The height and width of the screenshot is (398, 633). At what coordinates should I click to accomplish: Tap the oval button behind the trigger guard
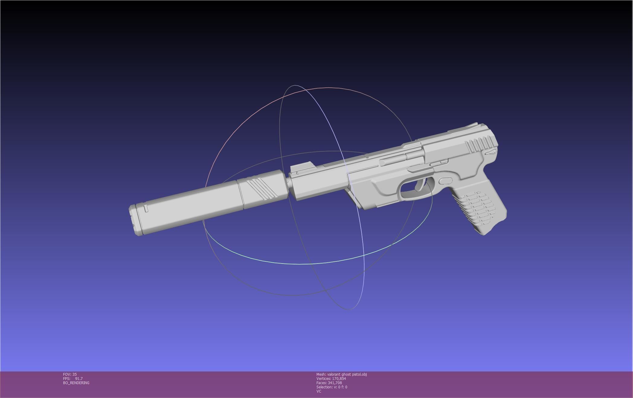tap(445, 181)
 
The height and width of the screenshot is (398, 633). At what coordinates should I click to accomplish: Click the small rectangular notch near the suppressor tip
tap(146, 208)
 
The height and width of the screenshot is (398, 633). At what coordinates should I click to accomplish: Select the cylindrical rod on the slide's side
tap(393, 159)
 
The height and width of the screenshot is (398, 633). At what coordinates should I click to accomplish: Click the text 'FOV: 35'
tap(70, 374)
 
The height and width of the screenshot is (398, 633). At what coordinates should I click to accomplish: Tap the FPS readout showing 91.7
tap(73, 379)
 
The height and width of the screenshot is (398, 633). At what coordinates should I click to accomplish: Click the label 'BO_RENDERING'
tap(76, 383)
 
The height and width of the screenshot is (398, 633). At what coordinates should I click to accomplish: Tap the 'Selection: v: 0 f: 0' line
tap(332, 387)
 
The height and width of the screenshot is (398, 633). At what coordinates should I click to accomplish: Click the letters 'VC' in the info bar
tap(319, 391)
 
